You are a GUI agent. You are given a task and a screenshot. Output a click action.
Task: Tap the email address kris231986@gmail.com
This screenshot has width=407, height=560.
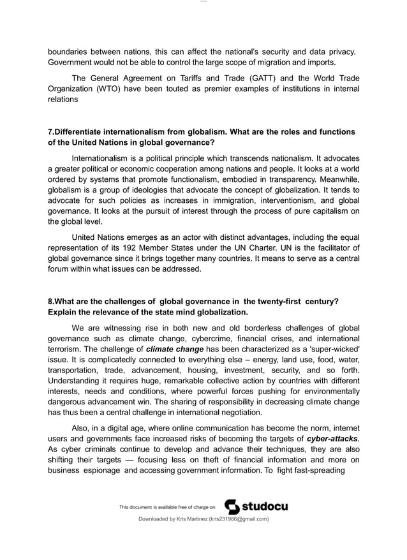(x=235, y=519)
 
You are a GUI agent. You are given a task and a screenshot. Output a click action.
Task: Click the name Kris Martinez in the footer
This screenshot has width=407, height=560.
(x=182, y=519)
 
